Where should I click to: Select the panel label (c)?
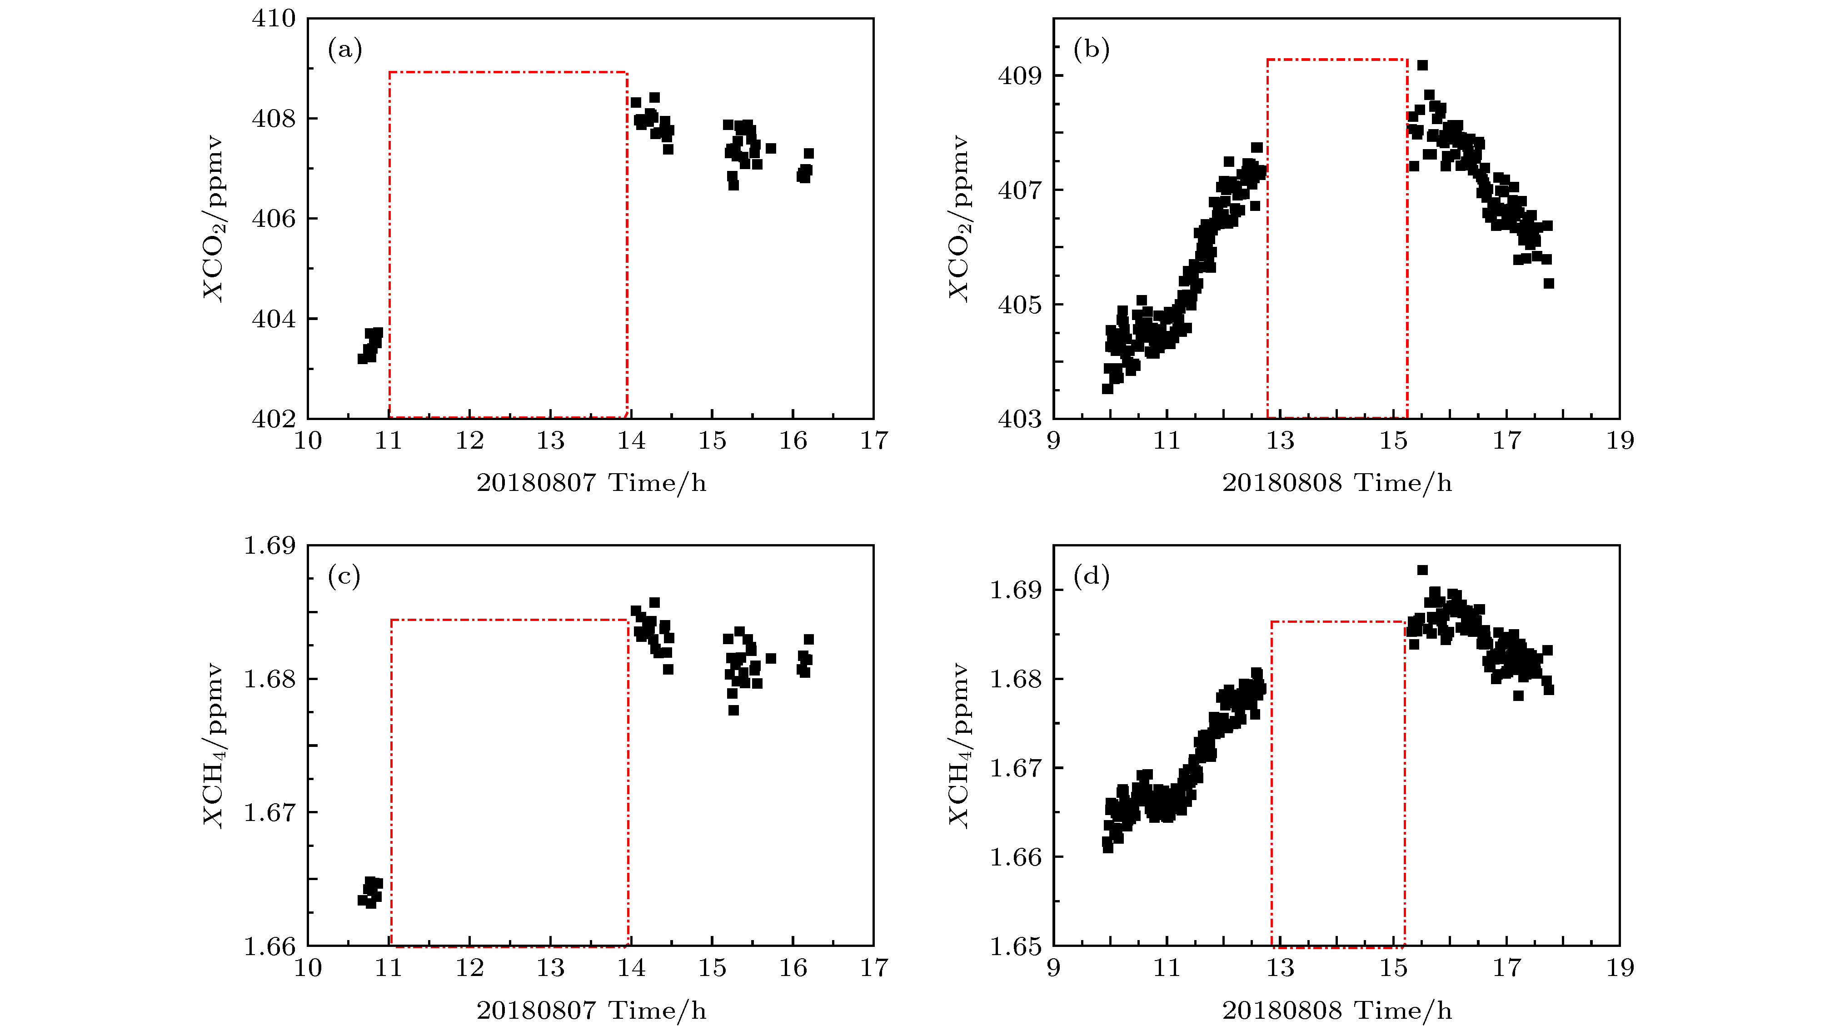point(344,577)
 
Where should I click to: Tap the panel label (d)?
point(1091,577)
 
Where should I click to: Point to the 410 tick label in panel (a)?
point(274,19)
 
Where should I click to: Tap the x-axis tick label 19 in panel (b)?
point(1620,441)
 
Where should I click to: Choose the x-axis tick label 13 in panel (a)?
point(550,441)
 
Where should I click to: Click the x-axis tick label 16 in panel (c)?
point(793,968)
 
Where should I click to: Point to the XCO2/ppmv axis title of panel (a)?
point(213,218)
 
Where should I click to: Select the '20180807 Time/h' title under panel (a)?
point(591,483)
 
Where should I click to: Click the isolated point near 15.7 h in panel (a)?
point(771,149)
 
